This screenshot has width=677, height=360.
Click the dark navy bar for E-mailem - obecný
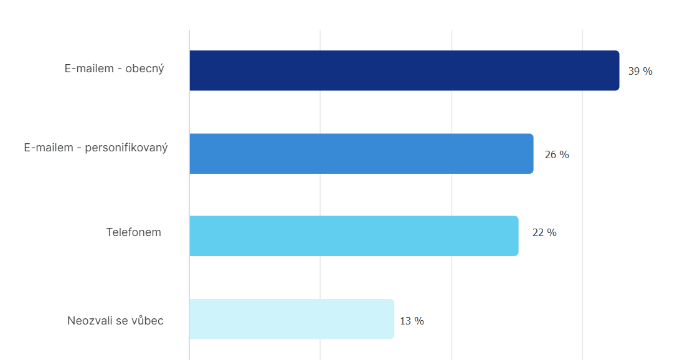(x=404, y=70)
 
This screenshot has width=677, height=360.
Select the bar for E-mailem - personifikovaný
(x=361, y=153)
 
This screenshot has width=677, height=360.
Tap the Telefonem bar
(x=353, y=235)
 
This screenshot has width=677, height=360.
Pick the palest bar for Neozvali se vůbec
(x=291, y=319)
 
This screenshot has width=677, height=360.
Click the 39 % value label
(x=640, y=71)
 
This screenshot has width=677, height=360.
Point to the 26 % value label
(x=557, y=154)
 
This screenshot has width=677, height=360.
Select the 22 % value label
(x=544, y=232)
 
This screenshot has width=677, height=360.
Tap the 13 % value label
(x=412, y=321)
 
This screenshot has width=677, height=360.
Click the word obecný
(x=144, y=69)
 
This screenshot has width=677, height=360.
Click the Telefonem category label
(x=133, y=232)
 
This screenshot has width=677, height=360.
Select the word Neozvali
(x=90, y=321)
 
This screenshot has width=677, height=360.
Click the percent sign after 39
(x=648, y=71)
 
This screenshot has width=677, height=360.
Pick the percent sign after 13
(x=420, y=321)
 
